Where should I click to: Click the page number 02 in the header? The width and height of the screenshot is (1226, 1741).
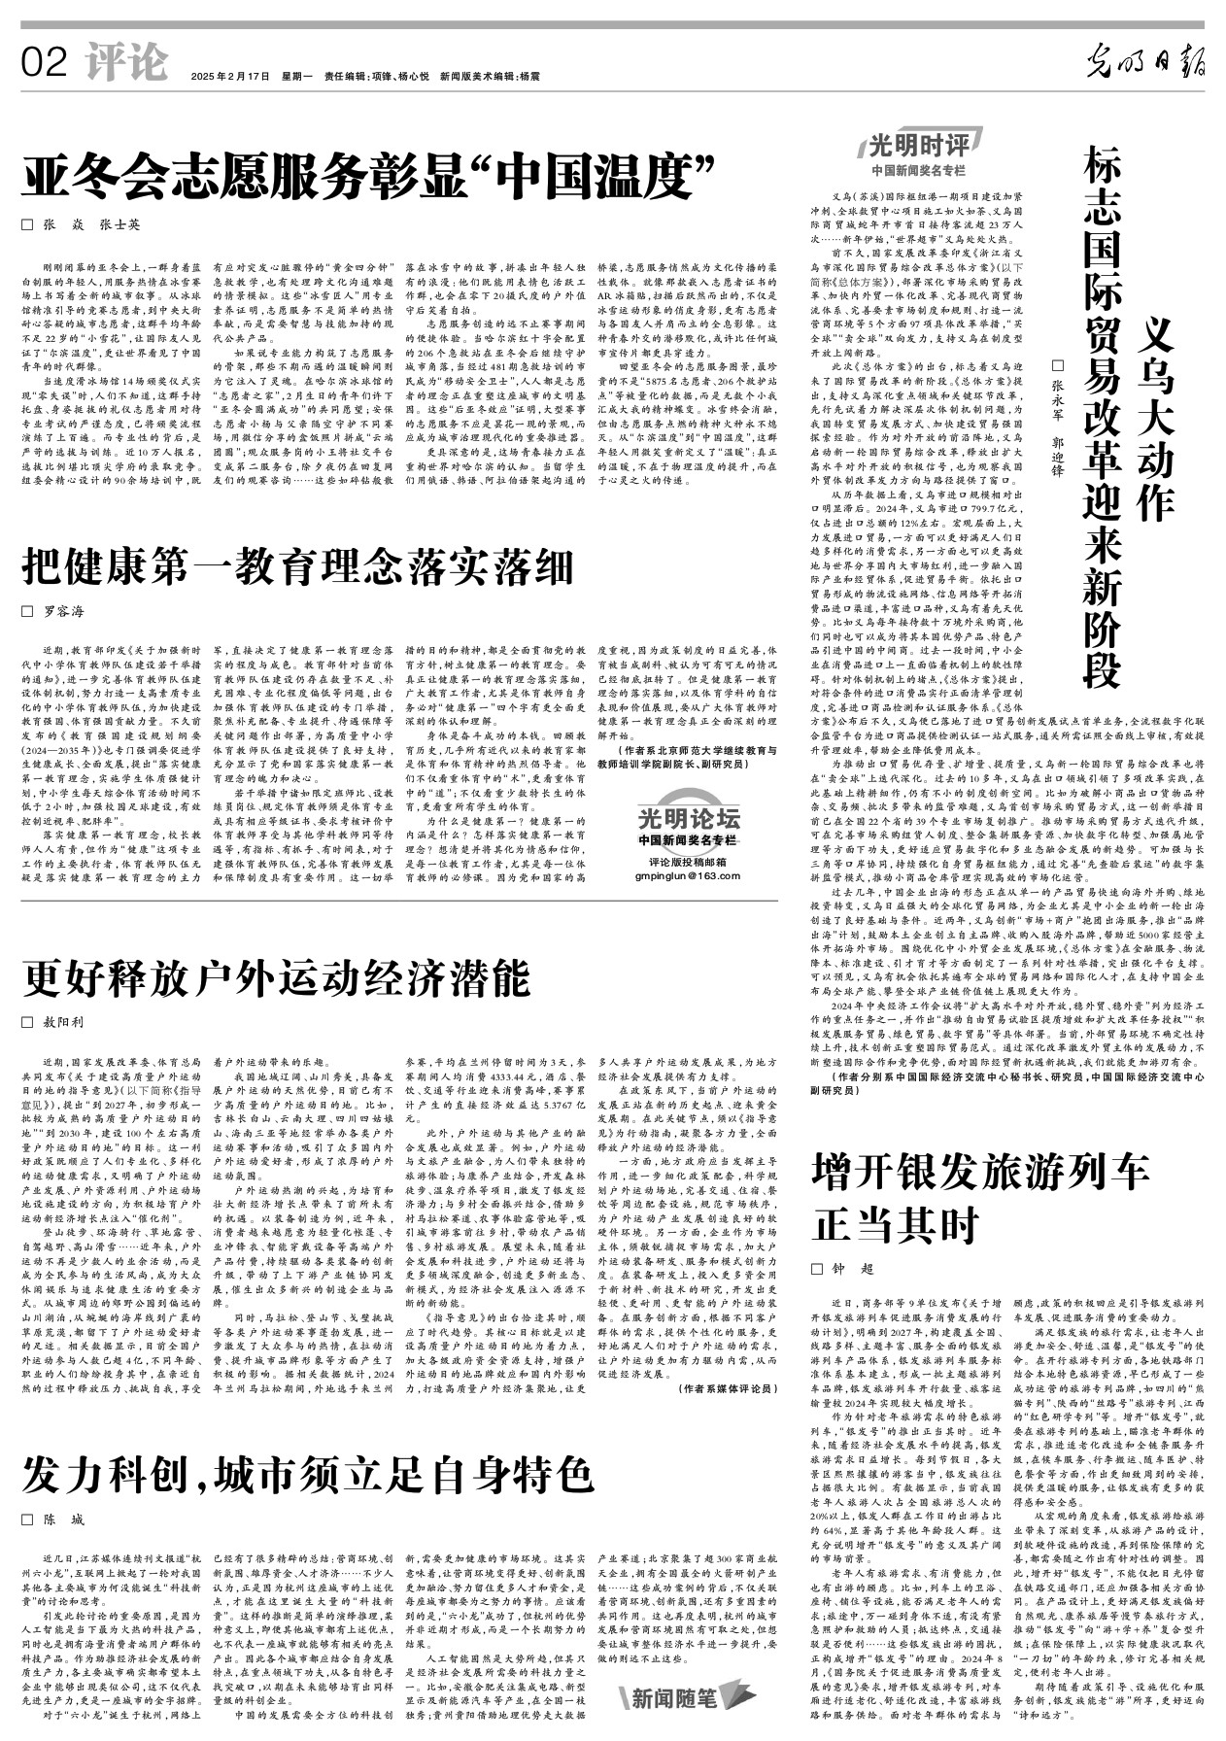45,64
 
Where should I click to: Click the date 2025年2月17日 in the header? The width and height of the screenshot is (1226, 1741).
229,76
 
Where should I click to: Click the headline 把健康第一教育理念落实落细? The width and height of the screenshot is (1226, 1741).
299,565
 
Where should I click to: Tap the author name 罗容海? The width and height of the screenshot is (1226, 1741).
62,612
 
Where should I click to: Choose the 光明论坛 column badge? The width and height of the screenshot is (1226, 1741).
689,816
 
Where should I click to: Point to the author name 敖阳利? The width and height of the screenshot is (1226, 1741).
62,1022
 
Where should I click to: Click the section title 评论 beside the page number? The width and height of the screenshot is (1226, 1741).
125,63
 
